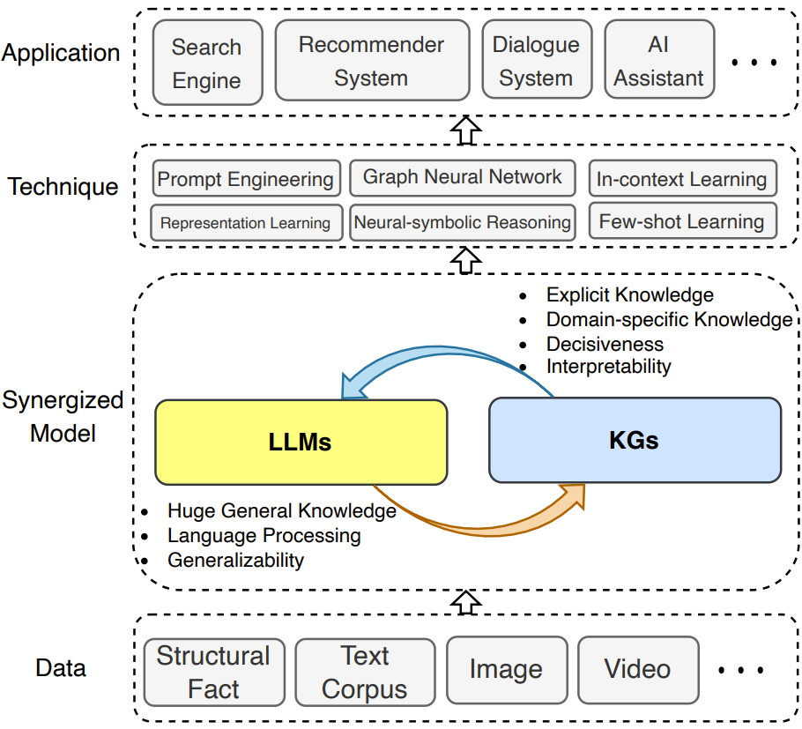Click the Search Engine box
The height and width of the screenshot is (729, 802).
pyautogui.click(x=206, y=63)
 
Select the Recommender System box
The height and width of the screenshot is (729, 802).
pyautogui.click(x=371, y=61)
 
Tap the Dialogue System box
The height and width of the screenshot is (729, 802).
pyautogui.click(x=536, y=61)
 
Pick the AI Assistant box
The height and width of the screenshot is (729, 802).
pyautogui.click(x=658, y=61)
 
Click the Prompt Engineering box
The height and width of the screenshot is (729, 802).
pyautogui.click(x=245, y=180)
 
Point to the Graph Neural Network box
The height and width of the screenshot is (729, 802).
pyautogui.click(x=462, y=177)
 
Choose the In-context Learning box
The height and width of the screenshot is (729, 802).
pyautogui.click(x=682, y=180)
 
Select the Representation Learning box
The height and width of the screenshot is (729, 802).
pyautogui.click(x=245, y=223)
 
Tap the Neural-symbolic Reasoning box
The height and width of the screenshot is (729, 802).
pyautogui.click(x=462, y=223)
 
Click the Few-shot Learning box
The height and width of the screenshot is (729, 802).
pyautogui.click(x=682, y=222)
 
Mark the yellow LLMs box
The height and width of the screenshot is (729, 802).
pyautogui.click(x=301, y=442)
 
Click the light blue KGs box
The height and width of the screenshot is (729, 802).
pyautogui.click(x=635, y=440)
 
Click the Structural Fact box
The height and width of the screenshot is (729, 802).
pyautogui.click(x=213, y=673)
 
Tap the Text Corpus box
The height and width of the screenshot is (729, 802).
pyautogui.click(x=365, y=673)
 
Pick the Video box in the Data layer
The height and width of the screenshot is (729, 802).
pyautogui.click(x=637, y=670)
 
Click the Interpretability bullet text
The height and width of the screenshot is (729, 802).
pyautogui.click(x=608, y=366)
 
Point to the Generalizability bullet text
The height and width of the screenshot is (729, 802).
pyautogui.click(x=235, y=560)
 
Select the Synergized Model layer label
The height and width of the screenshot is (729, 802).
pyautogui.click(x=62, y=417)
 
